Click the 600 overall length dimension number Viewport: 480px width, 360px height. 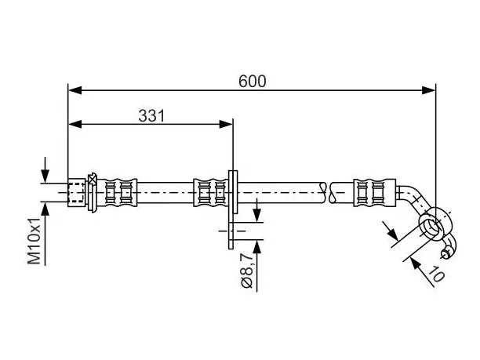(253, 82)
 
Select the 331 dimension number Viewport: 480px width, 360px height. (151, 116)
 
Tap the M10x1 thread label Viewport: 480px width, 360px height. (35, 242)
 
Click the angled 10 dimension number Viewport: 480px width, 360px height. (436, 273)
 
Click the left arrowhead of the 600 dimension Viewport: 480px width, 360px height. (75, 90)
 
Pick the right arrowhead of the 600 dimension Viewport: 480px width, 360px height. (428, 90)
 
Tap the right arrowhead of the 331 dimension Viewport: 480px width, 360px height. (226, 124)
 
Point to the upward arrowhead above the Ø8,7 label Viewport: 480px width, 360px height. (257, 247)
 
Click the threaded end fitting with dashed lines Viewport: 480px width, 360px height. (76, 193)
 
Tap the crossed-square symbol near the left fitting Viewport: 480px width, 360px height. (92, 179)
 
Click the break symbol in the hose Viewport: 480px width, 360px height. (327, 193)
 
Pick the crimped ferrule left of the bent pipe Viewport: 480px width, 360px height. (374, 193)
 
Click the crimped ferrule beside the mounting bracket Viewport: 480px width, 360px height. (211, 193)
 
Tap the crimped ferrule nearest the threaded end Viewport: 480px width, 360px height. (117, 193)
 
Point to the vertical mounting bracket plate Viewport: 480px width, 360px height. (233, 209)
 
